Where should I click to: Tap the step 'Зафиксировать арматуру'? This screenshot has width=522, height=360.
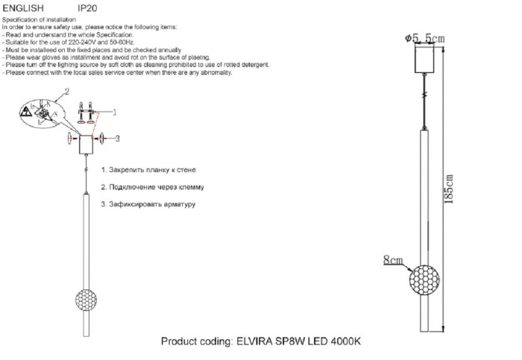(x=148, y=203)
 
